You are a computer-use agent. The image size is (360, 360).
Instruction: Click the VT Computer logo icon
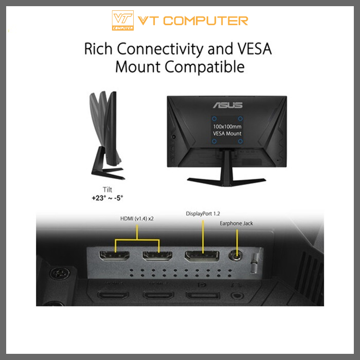(122, 21)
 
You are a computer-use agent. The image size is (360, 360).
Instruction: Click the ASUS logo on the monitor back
(227, 105)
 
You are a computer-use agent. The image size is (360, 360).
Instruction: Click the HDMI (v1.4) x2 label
(137, 219)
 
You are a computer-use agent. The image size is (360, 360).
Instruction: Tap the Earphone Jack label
(237, 223)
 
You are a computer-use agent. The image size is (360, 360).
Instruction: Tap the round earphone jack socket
(237, 255)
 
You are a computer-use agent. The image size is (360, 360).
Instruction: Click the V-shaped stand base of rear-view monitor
(227, 178)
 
